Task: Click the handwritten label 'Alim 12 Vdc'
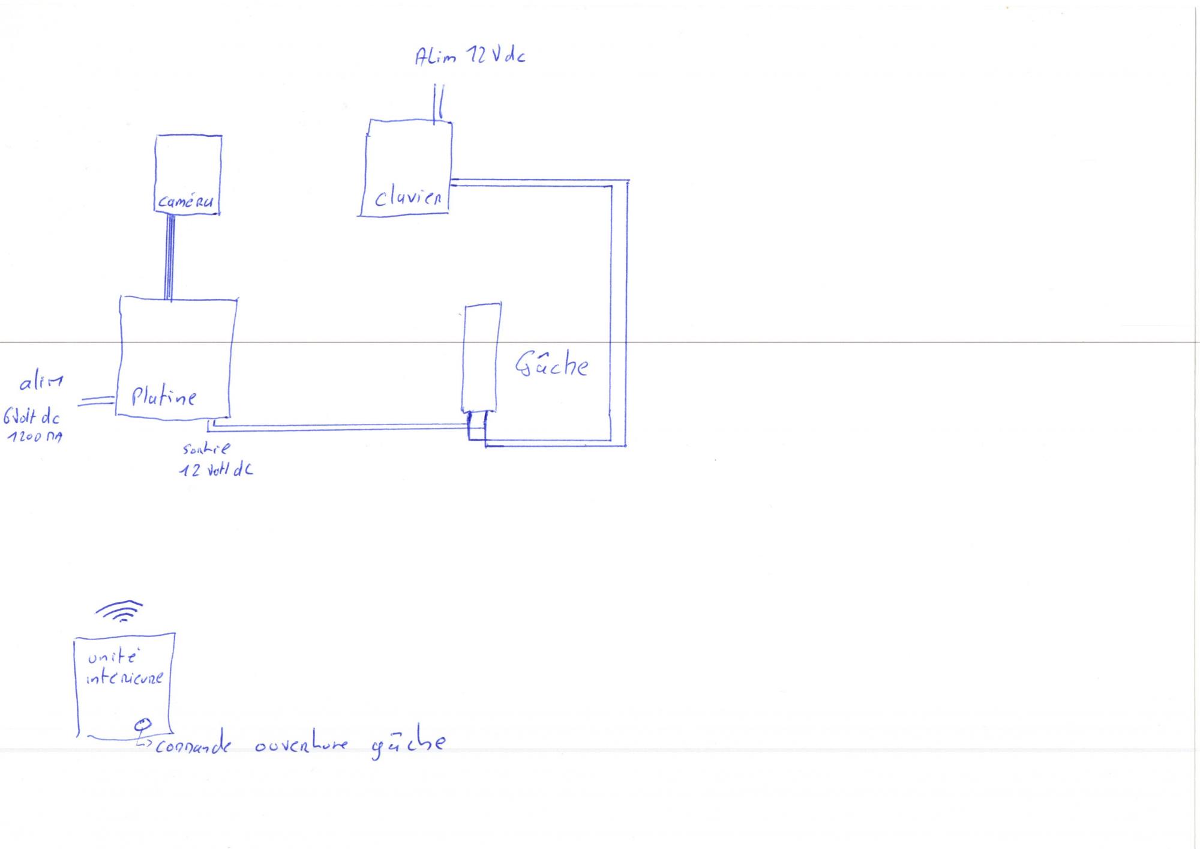pyautogui.click(x=470, y=56)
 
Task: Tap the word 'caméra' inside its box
pyautogui.click(x=185, y=202)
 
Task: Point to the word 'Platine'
pyautogui.click(x=163, y=396)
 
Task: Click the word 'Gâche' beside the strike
pyautogui.click(x=551, y=364)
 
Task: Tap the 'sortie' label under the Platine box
pyautogui.click(x=206, y=449)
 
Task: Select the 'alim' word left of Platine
pyautogui.click(x=41, y=382)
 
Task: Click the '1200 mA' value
pyautogui.click(x=35, y=437)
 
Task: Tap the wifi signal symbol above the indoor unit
pyautogui.click(x=119, y=611)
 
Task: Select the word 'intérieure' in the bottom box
pyautogui.click(x=124, y=679)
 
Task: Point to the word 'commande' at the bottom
pyautogui.click(x=192, y=746)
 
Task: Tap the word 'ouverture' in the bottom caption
pyautogui.click(x=301, y=745)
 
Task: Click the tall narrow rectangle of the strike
pyautogui.click(x=481, y=357)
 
